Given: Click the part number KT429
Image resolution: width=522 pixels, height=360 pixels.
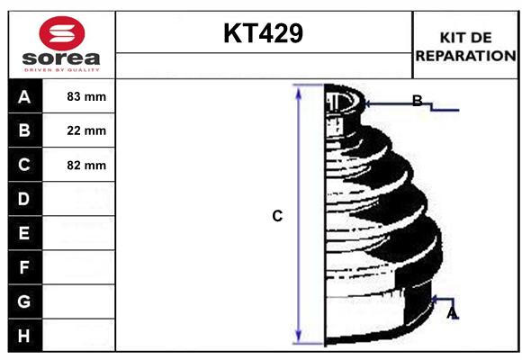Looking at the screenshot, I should (263, 34).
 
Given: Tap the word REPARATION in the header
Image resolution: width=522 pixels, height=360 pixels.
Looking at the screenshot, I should (465, 55).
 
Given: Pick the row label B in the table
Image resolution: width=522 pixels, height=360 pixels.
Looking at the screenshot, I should (23, 130).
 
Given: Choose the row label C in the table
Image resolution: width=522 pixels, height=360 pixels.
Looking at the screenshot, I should (23, 165).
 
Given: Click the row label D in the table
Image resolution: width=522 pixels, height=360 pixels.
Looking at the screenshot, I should (23, 199).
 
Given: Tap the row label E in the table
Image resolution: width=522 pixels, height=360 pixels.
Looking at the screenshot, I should (23, 233).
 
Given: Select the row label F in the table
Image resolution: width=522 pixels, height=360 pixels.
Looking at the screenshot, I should (23, 267).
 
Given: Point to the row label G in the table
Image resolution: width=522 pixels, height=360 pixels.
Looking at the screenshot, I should (23, 301).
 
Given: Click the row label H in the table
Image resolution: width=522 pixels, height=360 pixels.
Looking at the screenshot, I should (23, 336).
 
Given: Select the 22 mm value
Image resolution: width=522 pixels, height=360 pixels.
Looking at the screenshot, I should (86, 131).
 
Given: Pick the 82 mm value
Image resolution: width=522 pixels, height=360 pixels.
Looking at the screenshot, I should (86, 166).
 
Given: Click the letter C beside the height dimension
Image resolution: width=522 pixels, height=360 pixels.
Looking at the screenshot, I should (277, 216).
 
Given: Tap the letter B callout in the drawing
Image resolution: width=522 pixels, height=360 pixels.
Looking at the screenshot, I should (417, 101).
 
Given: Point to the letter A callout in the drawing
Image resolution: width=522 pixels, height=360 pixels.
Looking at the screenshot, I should (452, 312).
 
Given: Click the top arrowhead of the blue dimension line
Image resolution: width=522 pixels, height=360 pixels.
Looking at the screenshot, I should (299, 90).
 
